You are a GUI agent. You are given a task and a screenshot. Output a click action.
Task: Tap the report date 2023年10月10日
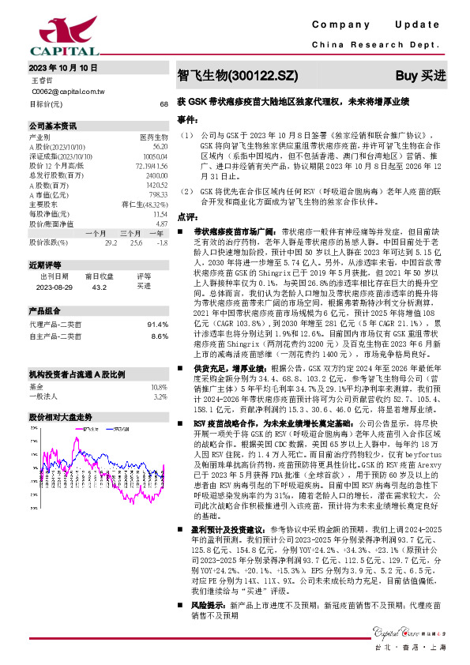click(62, 69)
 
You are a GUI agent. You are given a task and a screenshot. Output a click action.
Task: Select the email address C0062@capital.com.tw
click(68, 92)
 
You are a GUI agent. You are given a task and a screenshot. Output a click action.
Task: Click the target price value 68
click(164, 103)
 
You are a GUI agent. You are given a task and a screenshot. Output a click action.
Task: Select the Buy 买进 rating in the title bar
click(420, 77)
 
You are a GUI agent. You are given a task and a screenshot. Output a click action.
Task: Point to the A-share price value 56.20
click(160, 146)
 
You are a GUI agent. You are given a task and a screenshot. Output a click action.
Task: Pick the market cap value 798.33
click(158, 194)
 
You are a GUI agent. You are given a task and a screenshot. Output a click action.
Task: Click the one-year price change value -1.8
click(163, 242)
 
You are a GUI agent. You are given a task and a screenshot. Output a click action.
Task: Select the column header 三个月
click(131, 233)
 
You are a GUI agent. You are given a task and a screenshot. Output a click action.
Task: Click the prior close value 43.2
click(100, 287)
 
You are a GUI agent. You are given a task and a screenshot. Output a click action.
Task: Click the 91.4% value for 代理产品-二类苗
click(158, 325)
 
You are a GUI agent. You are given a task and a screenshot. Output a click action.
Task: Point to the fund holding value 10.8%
click(159, 388)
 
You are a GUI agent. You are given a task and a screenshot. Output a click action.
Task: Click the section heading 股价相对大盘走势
click(60, 415)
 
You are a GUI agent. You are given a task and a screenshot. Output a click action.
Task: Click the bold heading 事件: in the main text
click(186, 120)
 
